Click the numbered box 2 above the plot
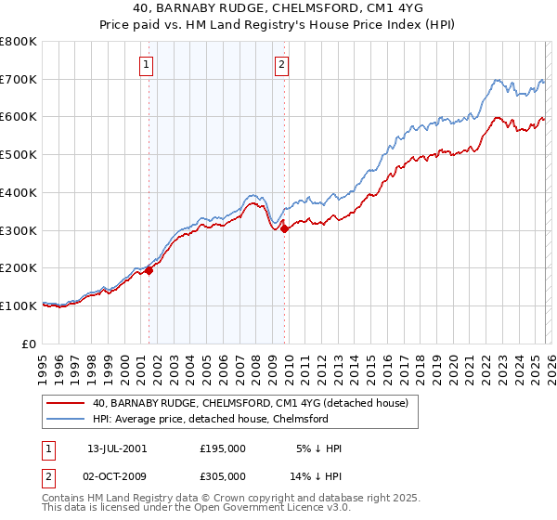tap(281, 65)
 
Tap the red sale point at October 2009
tap(284, 228)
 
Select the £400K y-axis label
tap(19, 193)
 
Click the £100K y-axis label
tap(19, 305)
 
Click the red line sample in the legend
tap(64, 404)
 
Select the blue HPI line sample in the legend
tap(64, 419)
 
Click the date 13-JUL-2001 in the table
tap(117, 448)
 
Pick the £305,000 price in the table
tap(222, 474)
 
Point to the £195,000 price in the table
tap(222, 448)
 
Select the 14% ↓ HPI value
tap(317, 474)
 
